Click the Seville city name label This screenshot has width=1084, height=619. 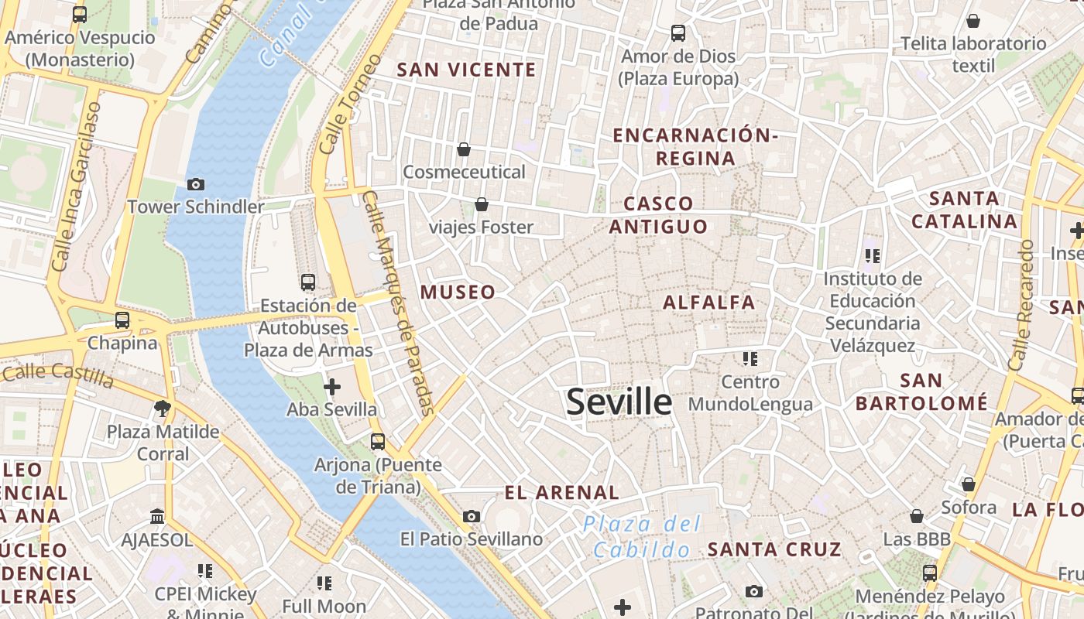tap(619, 402)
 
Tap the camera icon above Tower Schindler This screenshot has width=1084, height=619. tap(196, 184)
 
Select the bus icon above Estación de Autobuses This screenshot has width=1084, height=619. tap(308, 282)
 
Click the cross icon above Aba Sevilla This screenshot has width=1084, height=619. tap(332, 386)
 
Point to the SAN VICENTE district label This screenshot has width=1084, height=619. tap(466, 70)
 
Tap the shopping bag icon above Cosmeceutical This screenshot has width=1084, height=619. tap(464, 149)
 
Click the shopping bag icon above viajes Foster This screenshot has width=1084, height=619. tap(482, 204)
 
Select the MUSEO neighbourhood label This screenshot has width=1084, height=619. tap(458, 292)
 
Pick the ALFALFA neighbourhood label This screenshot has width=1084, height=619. tap(708, 302)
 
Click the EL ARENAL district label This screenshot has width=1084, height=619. tap(561, 492)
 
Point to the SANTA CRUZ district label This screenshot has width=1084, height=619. tap(774, 549)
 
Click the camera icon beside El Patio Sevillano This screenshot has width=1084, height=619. tap(471, 516)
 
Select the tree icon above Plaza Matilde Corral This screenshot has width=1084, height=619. tap(163, 408)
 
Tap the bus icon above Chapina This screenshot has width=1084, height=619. tap(122, 320)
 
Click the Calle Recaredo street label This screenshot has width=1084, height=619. tap(1021, 305)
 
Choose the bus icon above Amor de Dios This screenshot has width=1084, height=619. tap(678, 33)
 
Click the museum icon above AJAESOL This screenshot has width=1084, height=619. tap(157, 516)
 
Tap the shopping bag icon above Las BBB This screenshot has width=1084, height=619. tap(917, 516)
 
